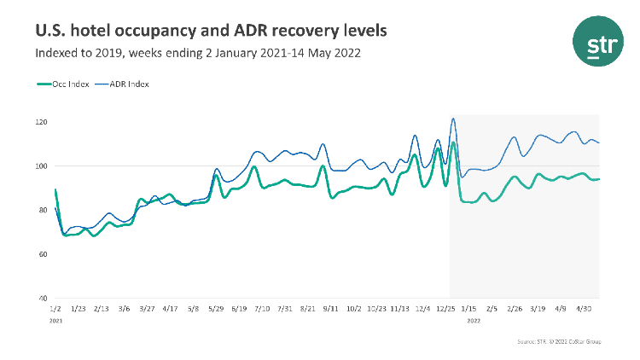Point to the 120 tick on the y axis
[x=42, y=122]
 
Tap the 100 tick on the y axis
[x=42, y=166]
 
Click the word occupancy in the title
[x=141, y=31]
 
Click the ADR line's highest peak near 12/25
[x=453, y=119]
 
